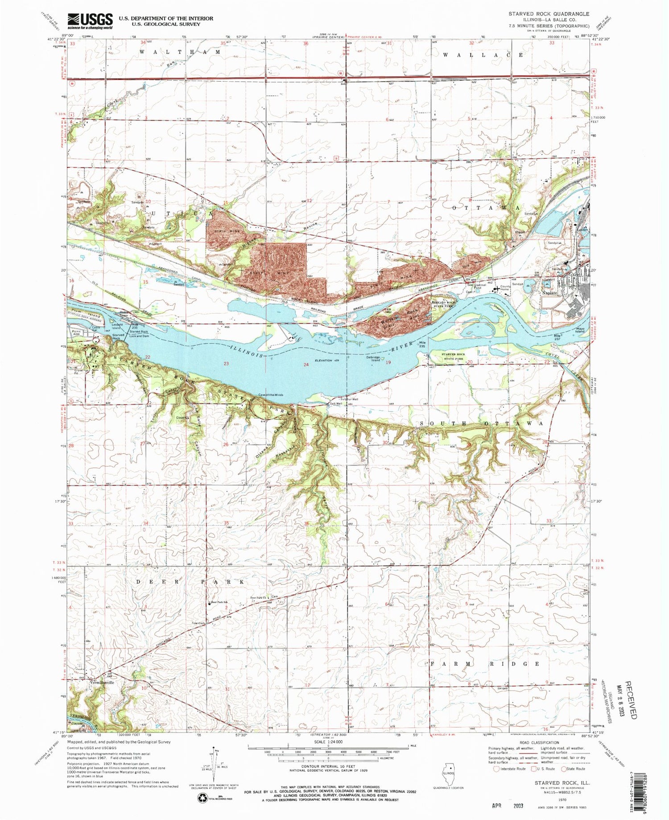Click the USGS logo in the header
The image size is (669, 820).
[90, 21]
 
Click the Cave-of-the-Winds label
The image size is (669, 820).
[270, 394]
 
